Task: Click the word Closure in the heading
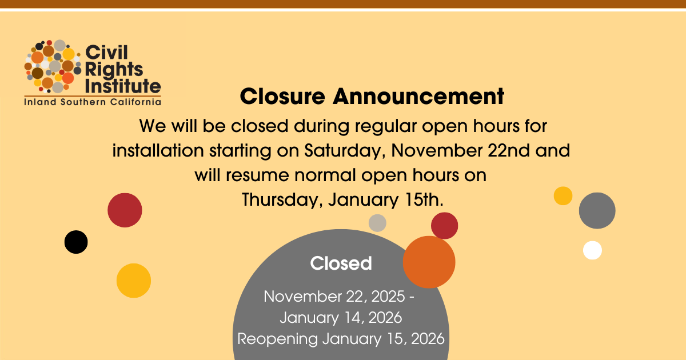[282, 97]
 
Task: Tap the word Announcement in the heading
[418, 97]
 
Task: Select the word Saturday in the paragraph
[345, 151]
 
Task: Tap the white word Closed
[341, 263]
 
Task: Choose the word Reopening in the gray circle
[277, 339]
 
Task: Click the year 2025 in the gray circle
[388, 297]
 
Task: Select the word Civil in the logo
[106, 53]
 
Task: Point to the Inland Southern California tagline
[93, 102]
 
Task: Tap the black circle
[76, 242]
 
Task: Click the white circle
[592, 250]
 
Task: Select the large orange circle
[429, 262]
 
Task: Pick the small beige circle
[377, 223]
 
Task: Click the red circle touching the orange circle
[444, 226]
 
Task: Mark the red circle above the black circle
[125, 210]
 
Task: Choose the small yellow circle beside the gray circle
[563, 195]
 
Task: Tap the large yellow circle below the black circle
[134, 281]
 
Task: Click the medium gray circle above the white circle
[597, 210]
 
